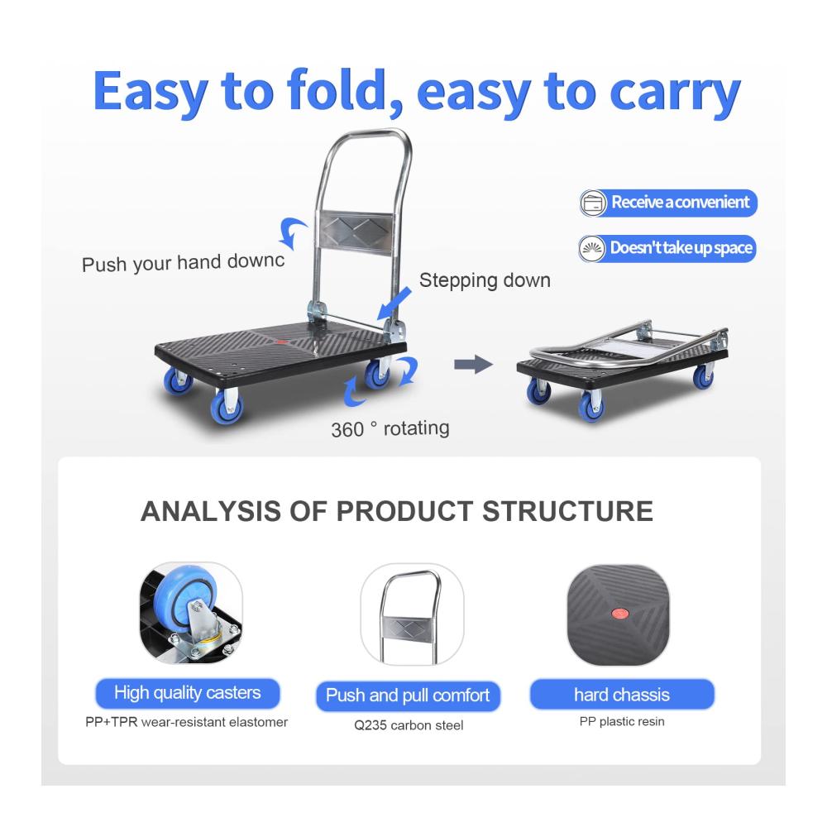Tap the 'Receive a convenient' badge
pyautogui.click(x=668, y=203)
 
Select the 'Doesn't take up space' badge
pyautogui.click(x=667, y=248)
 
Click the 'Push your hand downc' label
pyautogui.click(x=183, y=262)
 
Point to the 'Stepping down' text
pyautogui.click(x=485, y=280)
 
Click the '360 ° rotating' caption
pyautogui.click(x=390, y=428)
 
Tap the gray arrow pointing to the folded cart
pyautogui.click(x=473, y=364)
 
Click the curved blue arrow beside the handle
pyautogui.click(x=292, y=232)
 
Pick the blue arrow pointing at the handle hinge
pyautogui.click(x=394, y=304)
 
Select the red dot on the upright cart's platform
pyautogui.click(x=280, y=342)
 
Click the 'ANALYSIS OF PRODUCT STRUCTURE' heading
pyautogui.click(x=397, y=511)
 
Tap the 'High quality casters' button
pyautogui.click(x=187, y=692)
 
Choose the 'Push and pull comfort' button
pyautogui.click(x=408, y=696)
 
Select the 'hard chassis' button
pyautogui.click(x=622, y=694)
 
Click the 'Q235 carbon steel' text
pyautogui.click(x=409, y=725)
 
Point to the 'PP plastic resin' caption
pyautogui.click(x=622, y=721)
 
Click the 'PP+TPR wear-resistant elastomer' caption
pyautogui.click(x=187, y=722)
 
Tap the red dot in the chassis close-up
pyautogui.click(x=619, y=614)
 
